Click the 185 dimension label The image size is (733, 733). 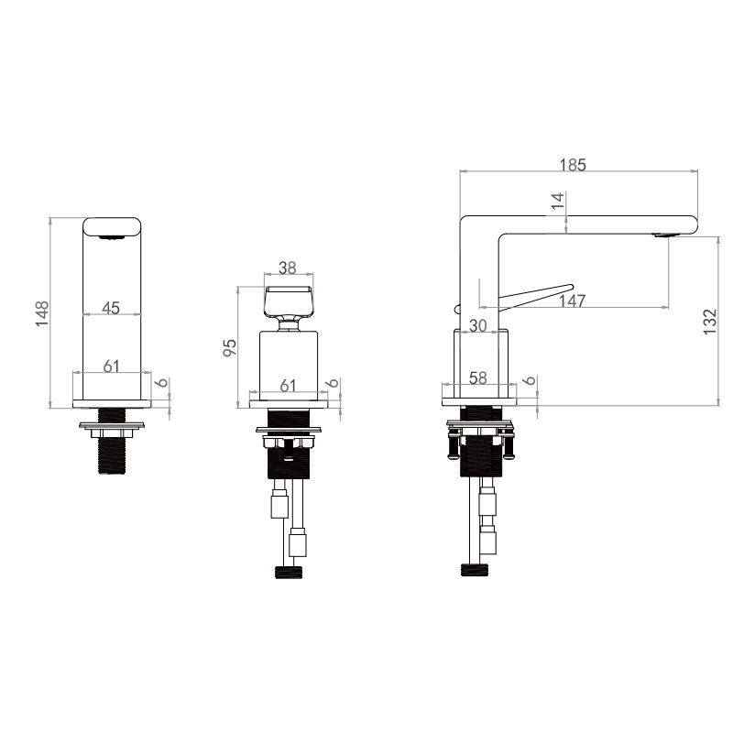click(x=573, y=165)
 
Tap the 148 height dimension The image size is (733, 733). click(x=42, y=313)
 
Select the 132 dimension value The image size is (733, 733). click(x=709, y=322)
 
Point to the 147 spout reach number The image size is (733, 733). click(x=572, y=301)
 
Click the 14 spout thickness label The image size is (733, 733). click(x=558, y=201)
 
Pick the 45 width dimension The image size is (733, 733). click(x=111, y=308)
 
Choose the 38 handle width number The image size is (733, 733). click(x=288, y=268)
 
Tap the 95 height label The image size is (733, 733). click(x=230, y=348)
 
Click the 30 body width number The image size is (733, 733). click(x=477, y=325)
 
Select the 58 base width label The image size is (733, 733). click(x=477, y=377)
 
